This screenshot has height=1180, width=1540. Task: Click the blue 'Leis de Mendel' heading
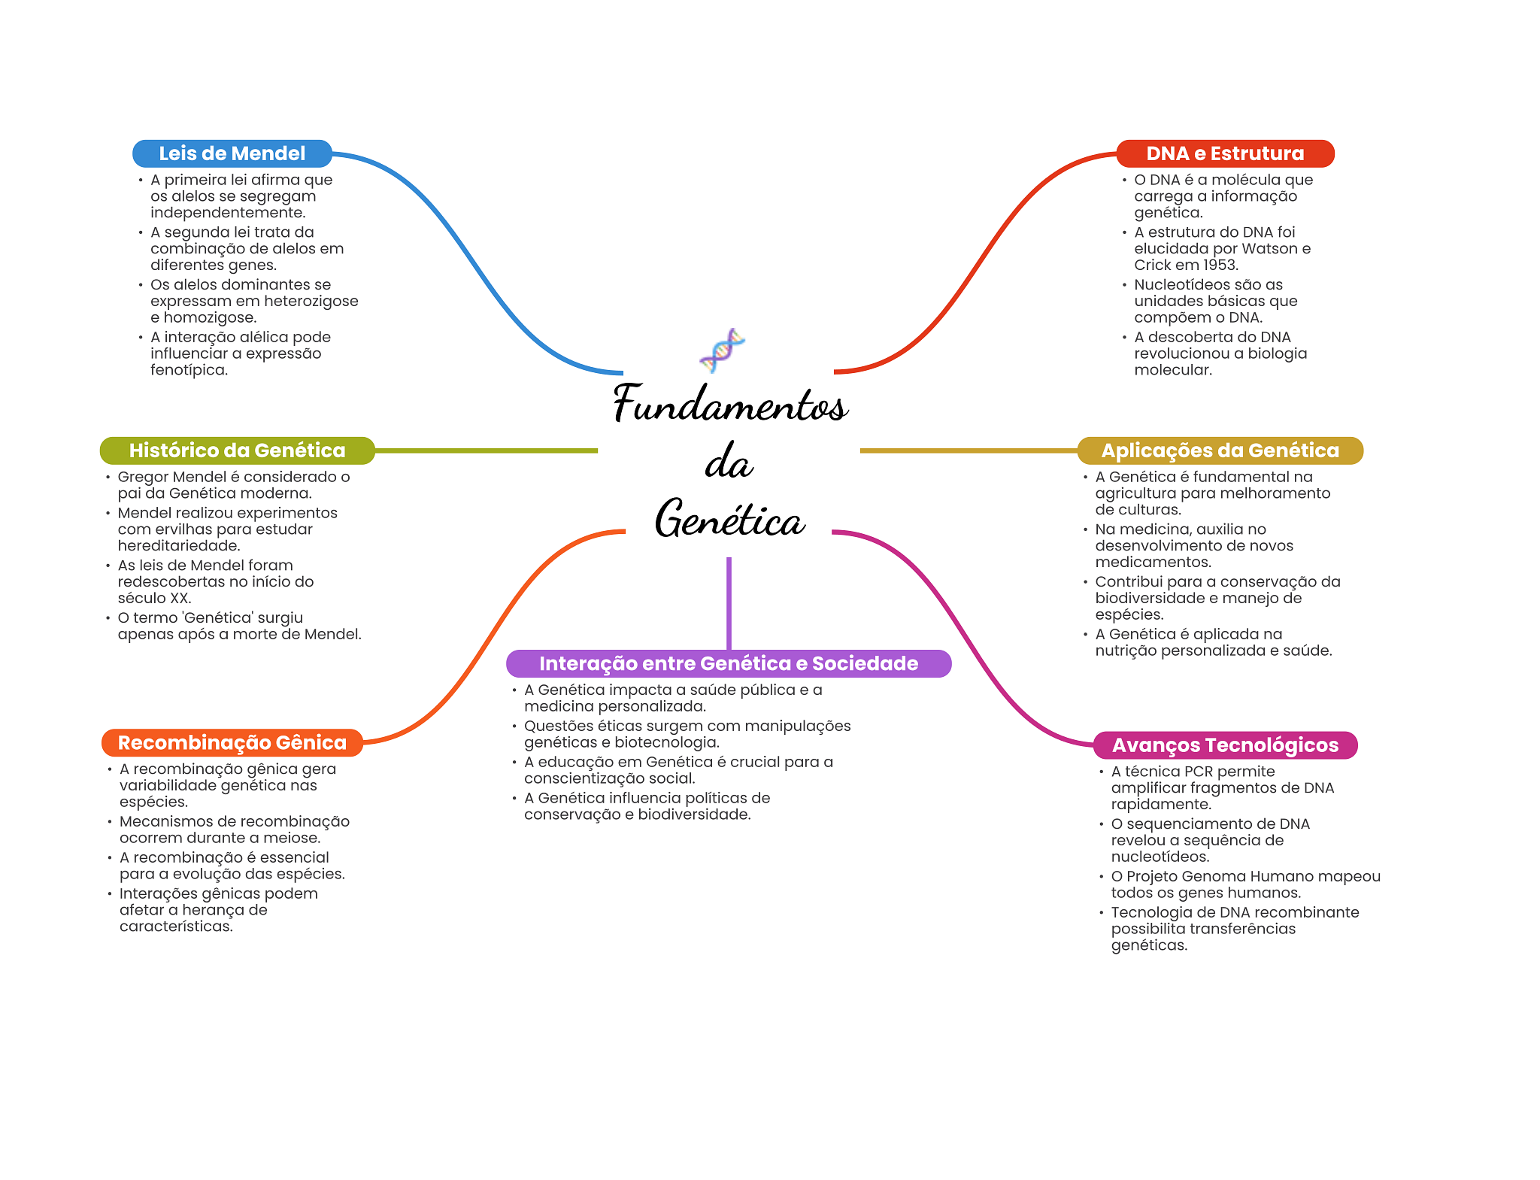click(232, 153)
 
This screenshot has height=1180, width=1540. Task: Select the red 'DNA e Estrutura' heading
click(1224, 153)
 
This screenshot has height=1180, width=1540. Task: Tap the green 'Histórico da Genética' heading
click(237, 450)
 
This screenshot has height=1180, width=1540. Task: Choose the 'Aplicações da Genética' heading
click(1220, 450)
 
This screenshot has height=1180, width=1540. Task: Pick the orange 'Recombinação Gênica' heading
click(232, 742)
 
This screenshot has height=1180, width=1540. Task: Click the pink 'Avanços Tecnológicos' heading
click(1224, 745)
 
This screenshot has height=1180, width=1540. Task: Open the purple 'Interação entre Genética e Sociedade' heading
click(728, 663)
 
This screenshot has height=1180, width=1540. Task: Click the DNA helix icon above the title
click(722, 350)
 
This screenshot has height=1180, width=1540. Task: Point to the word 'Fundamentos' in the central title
click(730, 404)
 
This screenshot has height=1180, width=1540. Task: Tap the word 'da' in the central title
click(729, 462)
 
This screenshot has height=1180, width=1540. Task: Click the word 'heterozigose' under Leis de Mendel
click(318, 302)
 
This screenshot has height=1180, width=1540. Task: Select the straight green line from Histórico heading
click(486, 450)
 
